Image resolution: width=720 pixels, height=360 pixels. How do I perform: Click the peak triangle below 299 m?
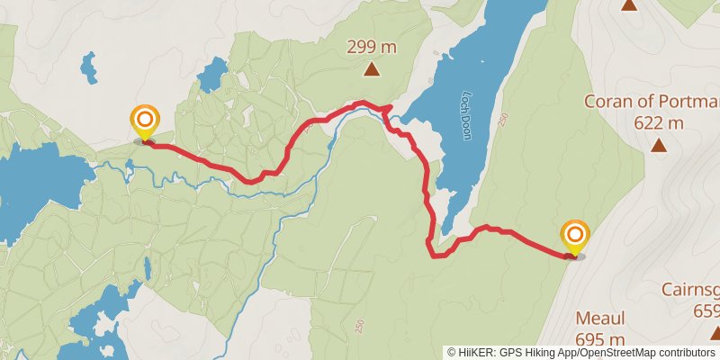[372, 69]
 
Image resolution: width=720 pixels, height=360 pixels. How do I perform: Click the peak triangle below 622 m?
[660, 145]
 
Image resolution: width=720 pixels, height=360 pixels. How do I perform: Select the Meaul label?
[600, 319]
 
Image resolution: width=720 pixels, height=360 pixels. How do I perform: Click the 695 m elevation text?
[600, 339]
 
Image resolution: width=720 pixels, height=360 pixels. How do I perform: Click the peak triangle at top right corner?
[629, 4]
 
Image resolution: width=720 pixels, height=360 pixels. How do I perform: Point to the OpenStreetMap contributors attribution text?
[649, 353]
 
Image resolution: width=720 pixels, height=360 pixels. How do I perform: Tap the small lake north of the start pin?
[88, 64]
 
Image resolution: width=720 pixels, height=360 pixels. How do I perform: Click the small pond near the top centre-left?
[212, 74]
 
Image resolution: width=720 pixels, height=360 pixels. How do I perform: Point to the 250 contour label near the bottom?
[358, 324]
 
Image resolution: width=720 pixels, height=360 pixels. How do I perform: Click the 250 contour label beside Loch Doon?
[503, 118]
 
